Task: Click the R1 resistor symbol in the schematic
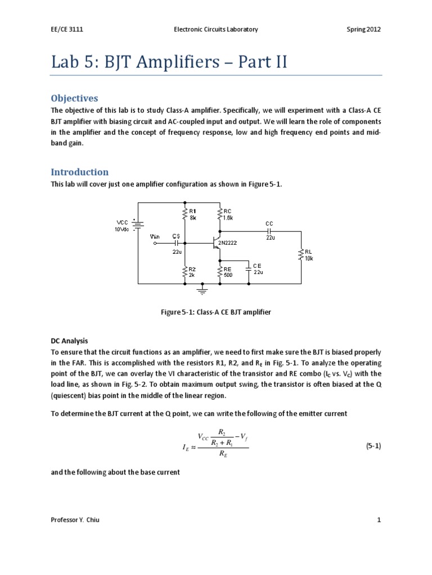[185, 213]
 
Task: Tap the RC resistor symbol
[220, 213]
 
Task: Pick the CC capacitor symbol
[269, 230]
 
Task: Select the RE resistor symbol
[220, 272]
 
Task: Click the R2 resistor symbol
[185, 272]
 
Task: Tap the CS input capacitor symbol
[178, 243]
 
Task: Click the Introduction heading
[79, 172]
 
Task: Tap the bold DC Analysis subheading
[69, 341]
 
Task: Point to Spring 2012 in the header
[363, 29]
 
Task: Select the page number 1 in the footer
[379, 520]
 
